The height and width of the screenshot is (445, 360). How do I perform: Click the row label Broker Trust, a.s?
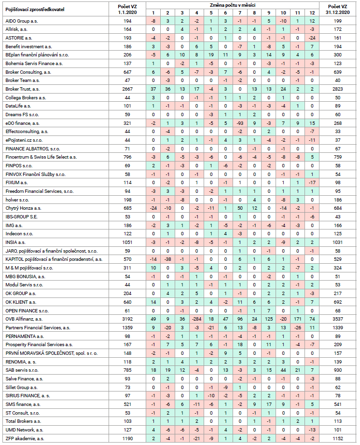coord(23,89)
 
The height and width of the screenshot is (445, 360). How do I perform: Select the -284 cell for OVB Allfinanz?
coord(196,319)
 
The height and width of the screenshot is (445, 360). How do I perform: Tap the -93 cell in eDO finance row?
coord(240,123)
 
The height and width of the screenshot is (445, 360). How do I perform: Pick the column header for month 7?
coord(240,13)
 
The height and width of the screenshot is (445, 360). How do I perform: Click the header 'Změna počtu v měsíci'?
coord(233,5)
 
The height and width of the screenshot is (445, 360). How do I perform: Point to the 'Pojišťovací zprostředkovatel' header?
coord(35,9)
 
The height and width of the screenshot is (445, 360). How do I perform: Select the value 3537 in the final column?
coord(337,319)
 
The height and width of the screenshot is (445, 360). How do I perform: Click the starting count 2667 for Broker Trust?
coord(127,89)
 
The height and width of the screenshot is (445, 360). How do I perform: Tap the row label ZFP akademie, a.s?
coord(25,438)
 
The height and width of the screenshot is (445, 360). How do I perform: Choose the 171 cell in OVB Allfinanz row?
coord(298,319)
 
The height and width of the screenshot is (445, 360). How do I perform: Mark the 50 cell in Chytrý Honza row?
coord(240,208)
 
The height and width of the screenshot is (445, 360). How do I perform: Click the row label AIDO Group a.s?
coord(22,21)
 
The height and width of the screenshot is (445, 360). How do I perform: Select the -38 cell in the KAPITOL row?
coord(167,259)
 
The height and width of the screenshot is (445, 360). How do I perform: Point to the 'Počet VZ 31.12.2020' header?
coord(337,9)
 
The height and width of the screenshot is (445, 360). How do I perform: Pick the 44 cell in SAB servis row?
coord(283,370)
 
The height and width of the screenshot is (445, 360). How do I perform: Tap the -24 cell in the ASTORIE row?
coord(312,38)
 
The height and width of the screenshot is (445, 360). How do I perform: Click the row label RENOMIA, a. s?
coord(21,362)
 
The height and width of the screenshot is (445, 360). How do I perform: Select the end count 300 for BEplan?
coord(337,55)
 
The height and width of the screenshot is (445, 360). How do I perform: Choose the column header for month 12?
coord(312,13)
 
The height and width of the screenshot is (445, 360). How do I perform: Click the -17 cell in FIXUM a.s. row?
coord(312,183)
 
